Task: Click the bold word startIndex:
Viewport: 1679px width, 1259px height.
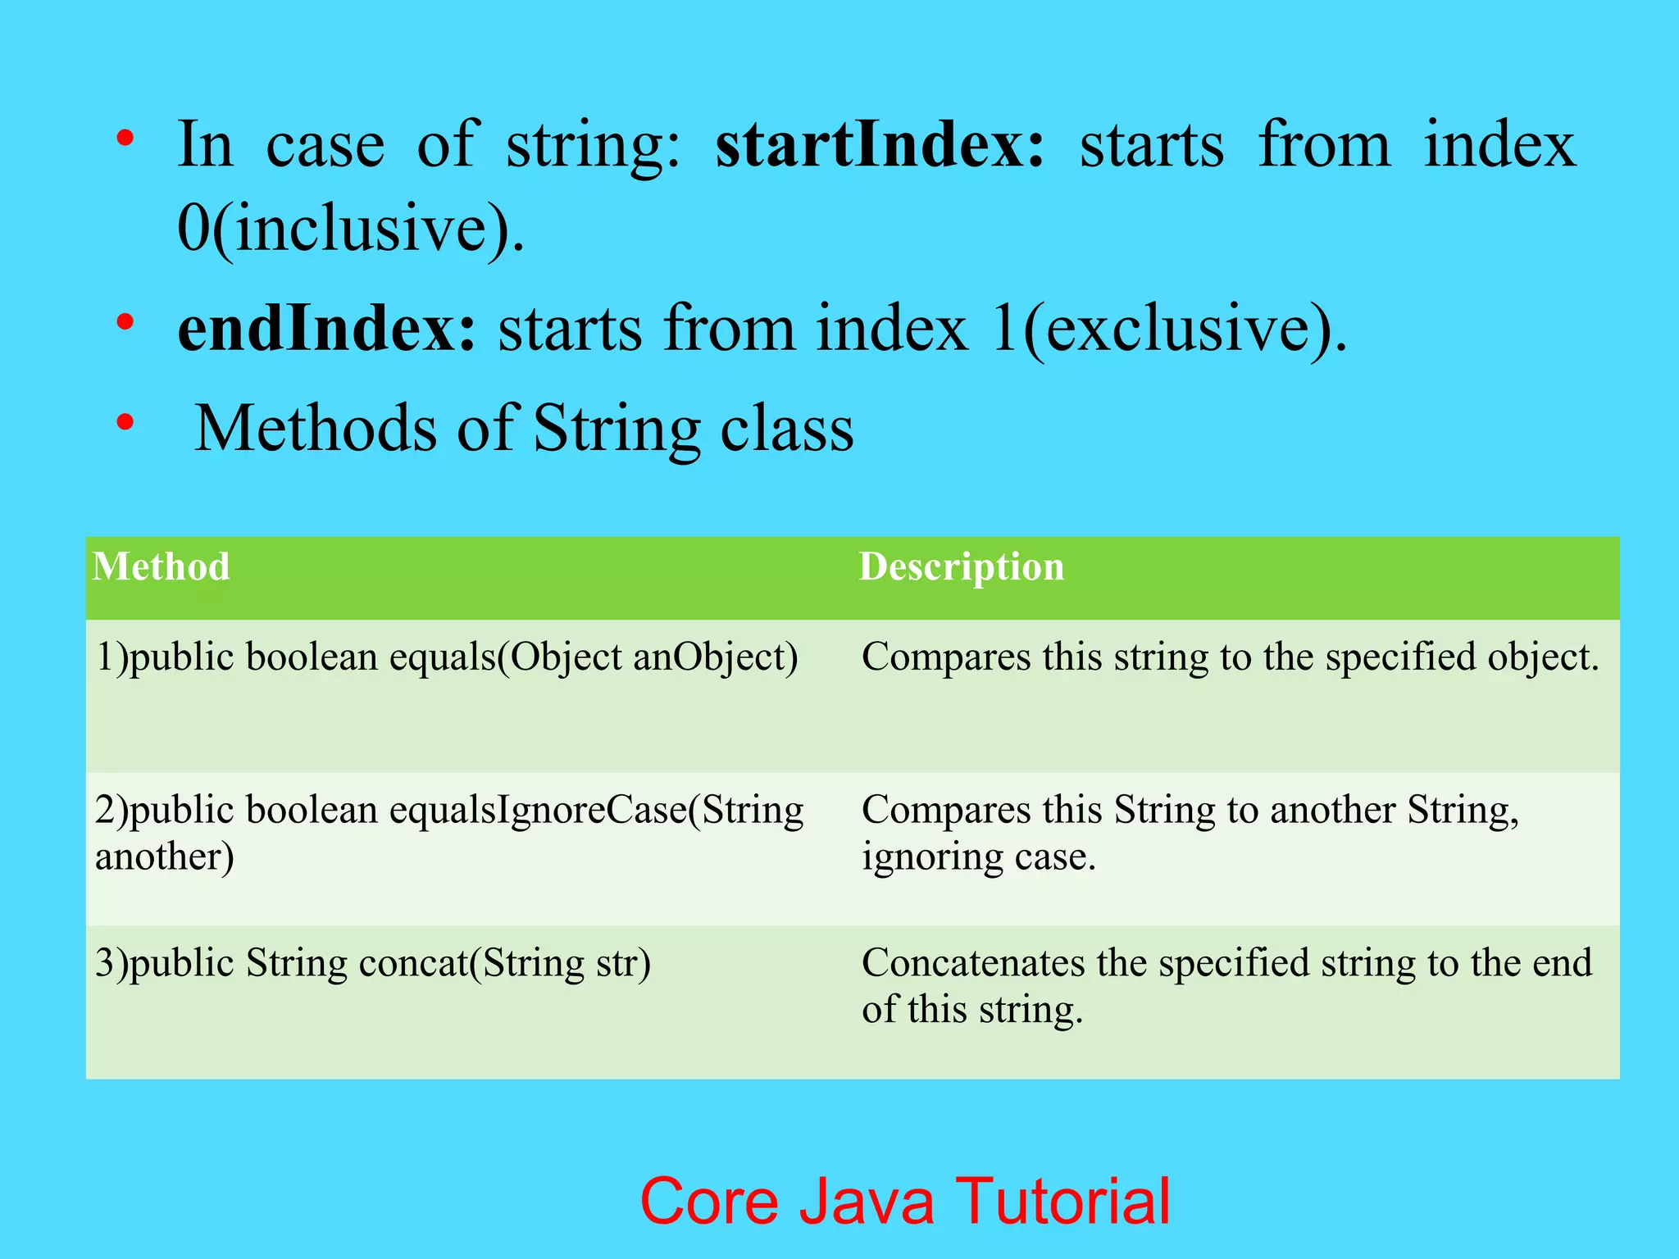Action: (880, 146)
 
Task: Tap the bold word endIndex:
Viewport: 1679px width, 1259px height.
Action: (326, 329)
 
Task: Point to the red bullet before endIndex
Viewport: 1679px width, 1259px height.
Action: (125, 322)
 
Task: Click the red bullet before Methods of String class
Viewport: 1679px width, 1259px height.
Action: (125, 423)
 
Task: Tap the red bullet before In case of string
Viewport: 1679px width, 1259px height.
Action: (125, 138)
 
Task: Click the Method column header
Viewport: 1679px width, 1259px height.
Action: (161, 567)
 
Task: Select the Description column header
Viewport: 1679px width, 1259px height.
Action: (961, 567)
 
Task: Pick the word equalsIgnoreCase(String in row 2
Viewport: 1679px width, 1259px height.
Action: (596, 811)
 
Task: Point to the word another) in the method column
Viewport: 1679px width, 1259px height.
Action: (164, 857)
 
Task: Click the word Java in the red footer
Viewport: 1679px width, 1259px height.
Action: (866, 1202)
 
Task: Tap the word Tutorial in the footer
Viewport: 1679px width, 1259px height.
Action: (1063, 1202)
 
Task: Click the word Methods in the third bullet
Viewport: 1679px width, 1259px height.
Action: (316, 429)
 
